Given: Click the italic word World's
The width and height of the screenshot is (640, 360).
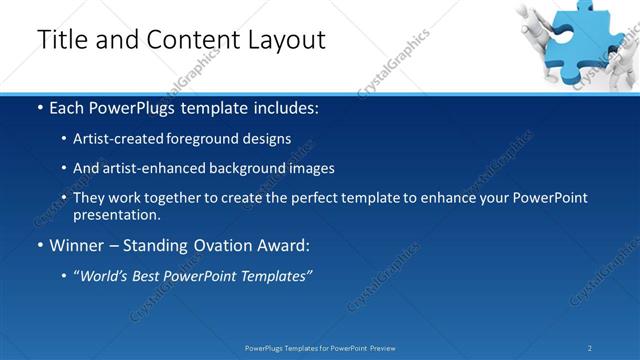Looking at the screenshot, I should [104, 276].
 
